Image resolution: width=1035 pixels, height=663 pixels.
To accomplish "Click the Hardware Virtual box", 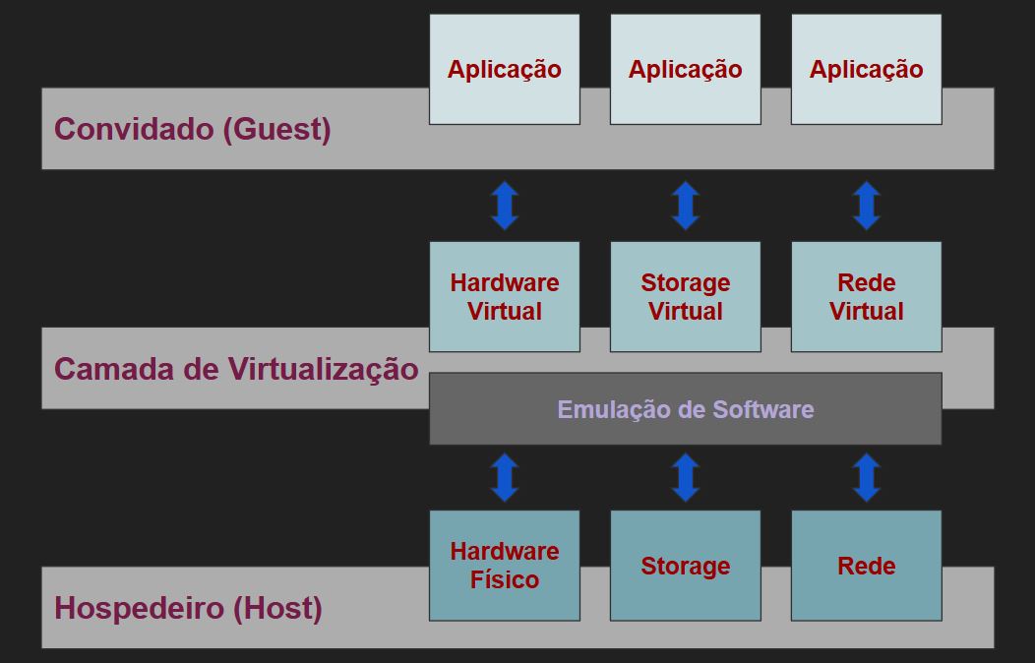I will [x=505, y=296].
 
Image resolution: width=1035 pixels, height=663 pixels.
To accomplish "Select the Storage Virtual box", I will [x=686, y=296].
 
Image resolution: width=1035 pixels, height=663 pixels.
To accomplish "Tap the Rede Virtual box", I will [x=866, y=296].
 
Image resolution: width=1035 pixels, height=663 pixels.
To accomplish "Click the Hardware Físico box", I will [x=505, y=565].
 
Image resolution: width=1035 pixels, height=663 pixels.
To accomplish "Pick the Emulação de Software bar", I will [x=686, y=409].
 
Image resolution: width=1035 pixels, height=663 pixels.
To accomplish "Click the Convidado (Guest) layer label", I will [x=193, y=129].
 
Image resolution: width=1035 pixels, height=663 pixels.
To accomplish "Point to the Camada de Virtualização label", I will [x=236, y=369].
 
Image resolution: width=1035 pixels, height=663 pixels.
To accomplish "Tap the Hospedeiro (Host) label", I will [x=188, y=608].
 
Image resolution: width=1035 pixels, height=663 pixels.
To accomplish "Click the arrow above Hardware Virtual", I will [x=505, y=206].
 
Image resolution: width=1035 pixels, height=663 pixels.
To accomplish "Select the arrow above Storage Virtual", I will [x=686, y=206].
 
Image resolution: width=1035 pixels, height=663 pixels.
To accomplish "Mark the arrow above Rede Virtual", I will [x=866, y=206].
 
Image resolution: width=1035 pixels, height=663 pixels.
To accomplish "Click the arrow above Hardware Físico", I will [x=505, y=477].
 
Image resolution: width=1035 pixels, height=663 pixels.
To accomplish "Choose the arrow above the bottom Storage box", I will [x=686, y=477].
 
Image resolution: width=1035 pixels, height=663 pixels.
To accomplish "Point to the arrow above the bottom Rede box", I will [x=866, y=477].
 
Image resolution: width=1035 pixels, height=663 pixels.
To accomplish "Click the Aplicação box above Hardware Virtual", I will [x=505, y=69].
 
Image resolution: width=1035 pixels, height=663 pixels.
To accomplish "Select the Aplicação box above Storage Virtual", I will [x=686, y=69].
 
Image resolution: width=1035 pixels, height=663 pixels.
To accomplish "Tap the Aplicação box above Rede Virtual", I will [x=866, y=69].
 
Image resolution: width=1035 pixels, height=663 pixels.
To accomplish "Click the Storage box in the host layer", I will [x=686, y=566].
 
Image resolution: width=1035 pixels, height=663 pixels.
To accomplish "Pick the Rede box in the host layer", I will [x=866, y=566].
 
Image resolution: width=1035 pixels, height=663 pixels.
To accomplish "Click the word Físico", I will [x=505, y=579].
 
